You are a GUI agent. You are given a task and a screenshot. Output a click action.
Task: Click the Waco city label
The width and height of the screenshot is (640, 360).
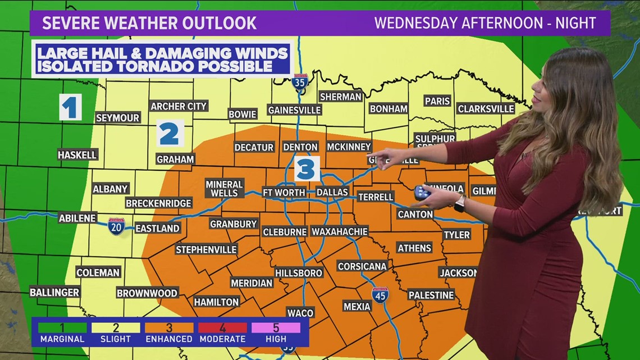(300, 312)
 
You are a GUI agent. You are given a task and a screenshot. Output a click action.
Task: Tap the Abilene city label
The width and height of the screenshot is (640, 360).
(77, 218)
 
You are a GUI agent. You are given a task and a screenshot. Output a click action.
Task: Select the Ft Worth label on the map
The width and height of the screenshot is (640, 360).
(284, 192)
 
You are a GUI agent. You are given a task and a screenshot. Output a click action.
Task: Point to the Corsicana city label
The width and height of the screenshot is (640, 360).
(362, 266)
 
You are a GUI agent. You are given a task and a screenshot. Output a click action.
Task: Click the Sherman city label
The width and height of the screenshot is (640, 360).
(340, 97)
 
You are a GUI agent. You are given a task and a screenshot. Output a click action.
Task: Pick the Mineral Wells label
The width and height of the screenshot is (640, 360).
(224, 189)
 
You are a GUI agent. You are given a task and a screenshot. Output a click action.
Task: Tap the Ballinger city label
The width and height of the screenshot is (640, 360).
(54, 292)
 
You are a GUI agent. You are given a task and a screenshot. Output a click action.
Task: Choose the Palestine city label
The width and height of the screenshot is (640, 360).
(431, 295)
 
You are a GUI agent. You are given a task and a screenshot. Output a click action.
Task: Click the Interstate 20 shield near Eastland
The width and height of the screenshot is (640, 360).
(116, 226)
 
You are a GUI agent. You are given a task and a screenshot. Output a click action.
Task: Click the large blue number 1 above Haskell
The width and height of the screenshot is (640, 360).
(70, 107)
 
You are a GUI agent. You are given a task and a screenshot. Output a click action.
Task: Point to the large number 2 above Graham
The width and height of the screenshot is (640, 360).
(170, 134)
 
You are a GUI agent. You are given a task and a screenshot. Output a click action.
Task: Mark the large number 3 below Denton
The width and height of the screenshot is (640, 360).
(305, 169)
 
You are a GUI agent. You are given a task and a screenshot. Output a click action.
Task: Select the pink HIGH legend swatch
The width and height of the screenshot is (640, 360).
(276, 327)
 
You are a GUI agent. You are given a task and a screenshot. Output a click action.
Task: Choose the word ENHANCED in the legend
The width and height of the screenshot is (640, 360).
(169, 339)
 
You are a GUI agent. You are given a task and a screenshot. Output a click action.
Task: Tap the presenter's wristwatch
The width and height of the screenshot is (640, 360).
(459, 203)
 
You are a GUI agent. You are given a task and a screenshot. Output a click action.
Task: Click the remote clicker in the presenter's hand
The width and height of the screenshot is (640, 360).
(422, 193)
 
